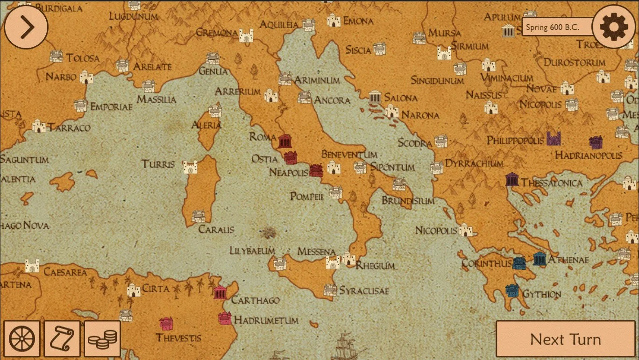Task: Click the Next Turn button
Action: tap(566, 339)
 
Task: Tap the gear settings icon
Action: tap(614, 27)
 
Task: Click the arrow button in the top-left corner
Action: tap(26, 27)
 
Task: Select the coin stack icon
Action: tap(102, 339)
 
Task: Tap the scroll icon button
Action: tap(62, 339)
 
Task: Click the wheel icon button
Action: tap(22, 339)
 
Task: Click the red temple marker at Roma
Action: tap(285, 141)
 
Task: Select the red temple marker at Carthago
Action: tap(220, 292)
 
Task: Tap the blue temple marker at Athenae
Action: tap(540, 259)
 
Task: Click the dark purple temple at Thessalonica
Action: tap(512, 179)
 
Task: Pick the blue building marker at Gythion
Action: tap(512, 290)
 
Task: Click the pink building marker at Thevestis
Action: tap(166, 323)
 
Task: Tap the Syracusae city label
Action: tap(363, 291)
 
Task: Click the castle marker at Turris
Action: tap(190, 167)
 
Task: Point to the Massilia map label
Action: tap(156, 99)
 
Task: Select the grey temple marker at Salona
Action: tap(375, 97)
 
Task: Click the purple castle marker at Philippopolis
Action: tap(554, 138)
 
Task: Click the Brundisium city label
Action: tap(408, 201)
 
